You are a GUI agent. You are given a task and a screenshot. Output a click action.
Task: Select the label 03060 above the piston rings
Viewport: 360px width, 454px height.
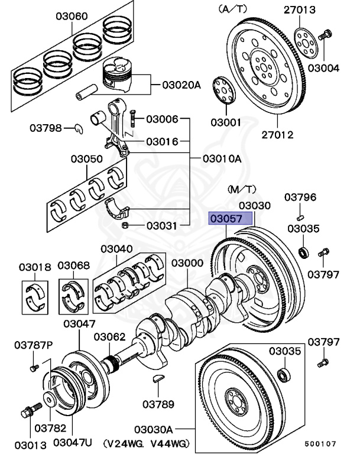70,17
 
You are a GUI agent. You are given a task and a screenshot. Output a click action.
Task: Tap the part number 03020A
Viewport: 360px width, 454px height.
181,85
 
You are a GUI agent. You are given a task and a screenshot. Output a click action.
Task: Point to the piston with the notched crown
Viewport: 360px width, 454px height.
123,74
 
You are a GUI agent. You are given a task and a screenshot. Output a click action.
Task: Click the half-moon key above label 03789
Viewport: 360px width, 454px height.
158,379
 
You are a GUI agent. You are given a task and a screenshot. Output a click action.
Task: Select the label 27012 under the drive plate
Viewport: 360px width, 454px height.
277,135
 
